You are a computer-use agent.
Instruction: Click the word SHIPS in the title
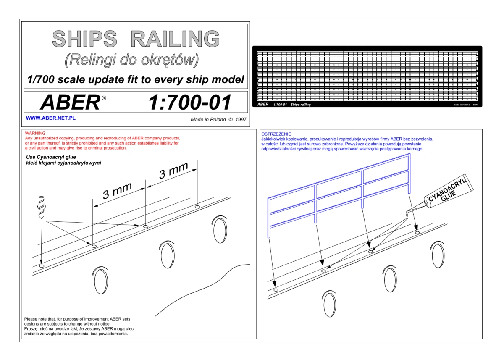click(x=84, y=39)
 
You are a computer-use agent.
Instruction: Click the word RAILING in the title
click(x=175, y=39)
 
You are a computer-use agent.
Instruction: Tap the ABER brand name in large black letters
click(x=70, y=102)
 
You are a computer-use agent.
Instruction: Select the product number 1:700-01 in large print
click(x=189, y=102)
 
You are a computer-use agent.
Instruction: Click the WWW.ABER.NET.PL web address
click(x=51, y=118)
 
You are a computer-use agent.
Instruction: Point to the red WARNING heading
click(x=35, y=133)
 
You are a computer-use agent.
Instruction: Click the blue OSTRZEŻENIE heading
click(x=276, y=134)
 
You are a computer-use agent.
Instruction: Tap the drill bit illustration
click(x=42, y=207)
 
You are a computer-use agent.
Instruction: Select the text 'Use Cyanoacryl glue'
click(x=51, y=157)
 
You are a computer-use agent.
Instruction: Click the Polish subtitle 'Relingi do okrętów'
click(x=131, y=60)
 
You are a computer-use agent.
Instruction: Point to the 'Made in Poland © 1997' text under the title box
click(x=218, y=120)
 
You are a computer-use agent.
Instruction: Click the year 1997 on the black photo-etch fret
click(x=475, y=105)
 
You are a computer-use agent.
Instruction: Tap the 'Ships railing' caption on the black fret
click(x=300, y=105)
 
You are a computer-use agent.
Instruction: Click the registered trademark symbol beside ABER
click(x=104, y=98)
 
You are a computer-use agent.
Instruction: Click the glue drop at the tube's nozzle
click(x=407, y=215)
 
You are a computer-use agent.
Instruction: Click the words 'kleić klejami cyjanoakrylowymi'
click(x=63, y=163)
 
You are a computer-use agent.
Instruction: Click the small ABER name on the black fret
click(x=263, y=105)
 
